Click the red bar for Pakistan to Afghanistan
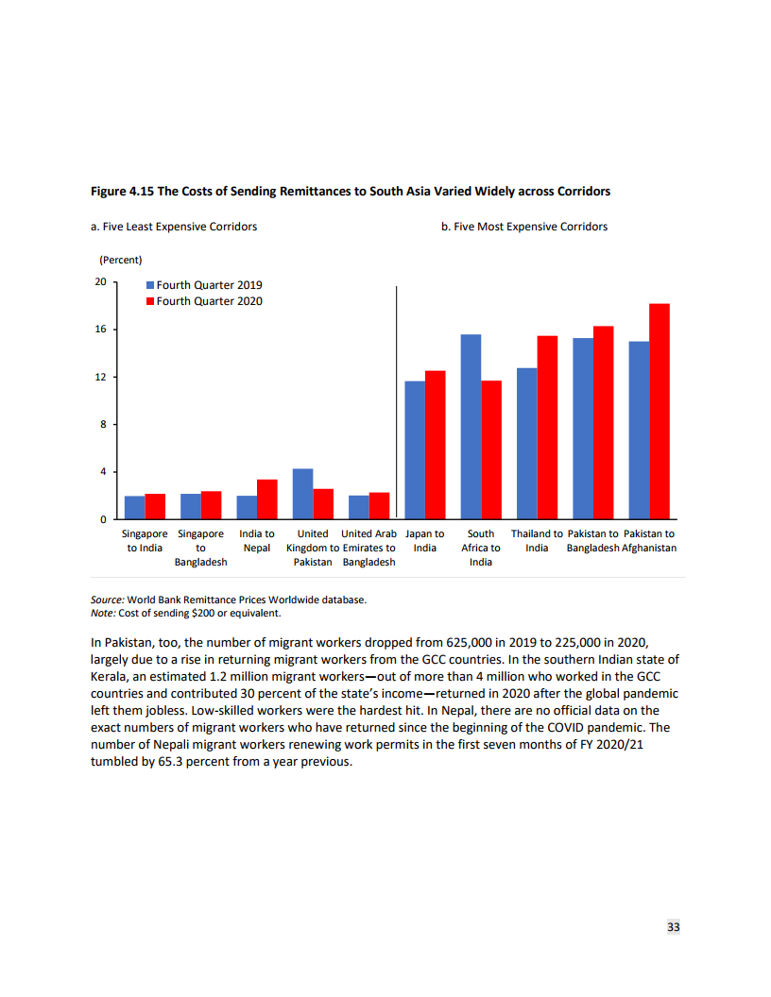[660, 412]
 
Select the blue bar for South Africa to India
[471, 427]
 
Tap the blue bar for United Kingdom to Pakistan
[302, 494]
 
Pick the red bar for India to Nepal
[267, 499]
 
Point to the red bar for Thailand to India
[547, 428]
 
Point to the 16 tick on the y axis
[99, 330]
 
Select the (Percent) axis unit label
[120, 260]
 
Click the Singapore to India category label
[145, 541]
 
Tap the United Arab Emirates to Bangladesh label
[368, 548]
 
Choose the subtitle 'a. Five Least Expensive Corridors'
[173, 227]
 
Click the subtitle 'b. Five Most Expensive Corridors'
[524, 227]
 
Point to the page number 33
[674, 927]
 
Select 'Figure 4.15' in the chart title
[122, 192]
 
